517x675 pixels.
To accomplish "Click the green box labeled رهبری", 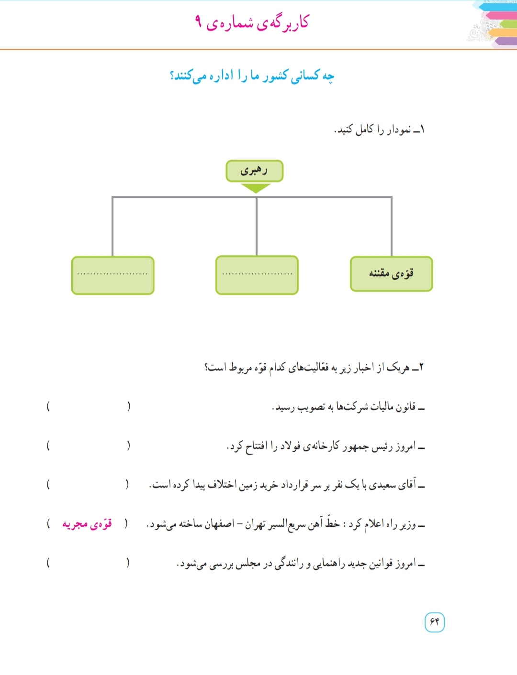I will tap(254, 171).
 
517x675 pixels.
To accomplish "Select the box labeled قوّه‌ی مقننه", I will tap(391, 274).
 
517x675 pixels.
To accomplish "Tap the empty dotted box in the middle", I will tap(257, 275).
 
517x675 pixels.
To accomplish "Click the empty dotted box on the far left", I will tap(113, 275).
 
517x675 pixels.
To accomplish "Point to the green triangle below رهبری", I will tap(256, 188).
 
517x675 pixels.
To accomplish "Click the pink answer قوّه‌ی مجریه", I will tap(87, 524).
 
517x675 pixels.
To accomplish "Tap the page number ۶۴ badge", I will tap(434, 622).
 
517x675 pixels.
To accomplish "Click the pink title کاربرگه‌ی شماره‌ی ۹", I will tap(252, 22).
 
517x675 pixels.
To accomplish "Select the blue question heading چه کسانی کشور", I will tap(252, 76).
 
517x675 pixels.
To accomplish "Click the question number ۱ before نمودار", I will tap(422, 130).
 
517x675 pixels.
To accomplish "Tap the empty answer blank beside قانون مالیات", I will tap(88, 407).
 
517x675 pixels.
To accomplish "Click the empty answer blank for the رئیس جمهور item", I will tap(88, 446).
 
